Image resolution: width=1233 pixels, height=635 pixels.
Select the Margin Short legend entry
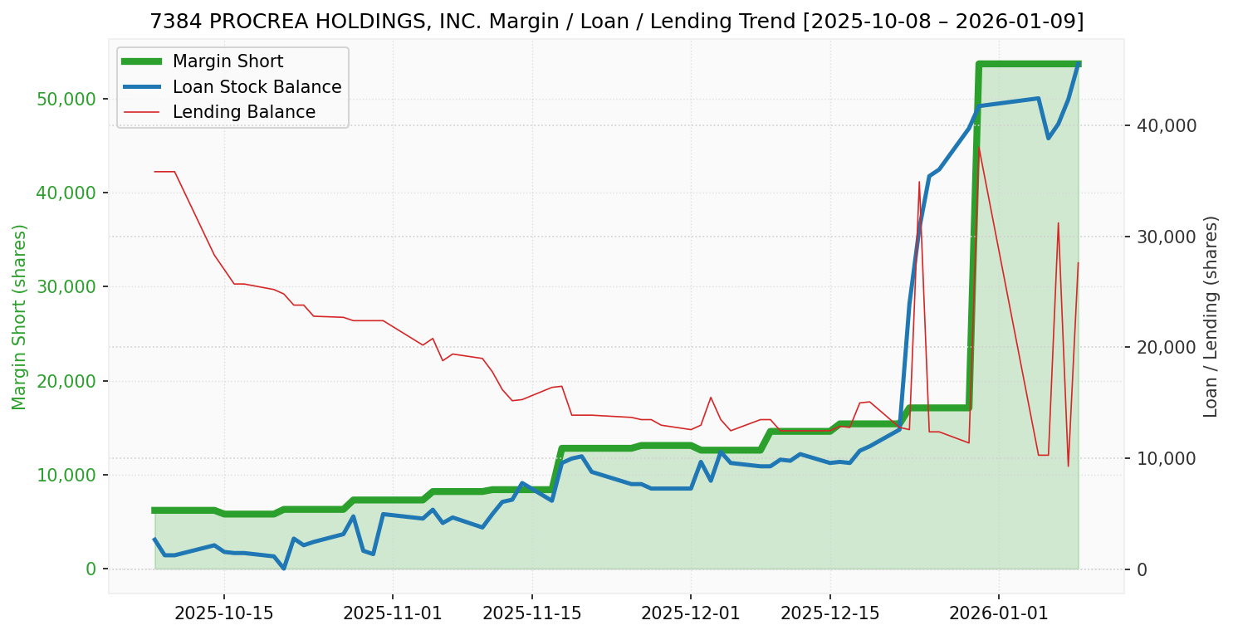(x=228, y=61)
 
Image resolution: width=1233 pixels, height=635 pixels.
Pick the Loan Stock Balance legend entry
(x=257, y=87)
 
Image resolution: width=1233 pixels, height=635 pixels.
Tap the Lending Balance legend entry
(x=243, y=112)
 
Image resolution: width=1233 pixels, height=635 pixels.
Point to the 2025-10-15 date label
(x=224, y=613)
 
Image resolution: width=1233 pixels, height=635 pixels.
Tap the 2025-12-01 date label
(x=690, y=613)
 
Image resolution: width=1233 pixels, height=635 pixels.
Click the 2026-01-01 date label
(x=998, y=613)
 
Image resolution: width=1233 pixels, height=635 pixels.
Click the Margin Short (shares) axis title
(x=20, y=317)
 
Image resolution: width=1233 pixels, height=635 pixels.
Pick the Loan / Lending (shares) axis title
(x=1211, y=316)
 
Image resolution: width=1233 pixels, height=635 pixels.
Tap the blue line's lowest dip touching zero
(x=284, y=569)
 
